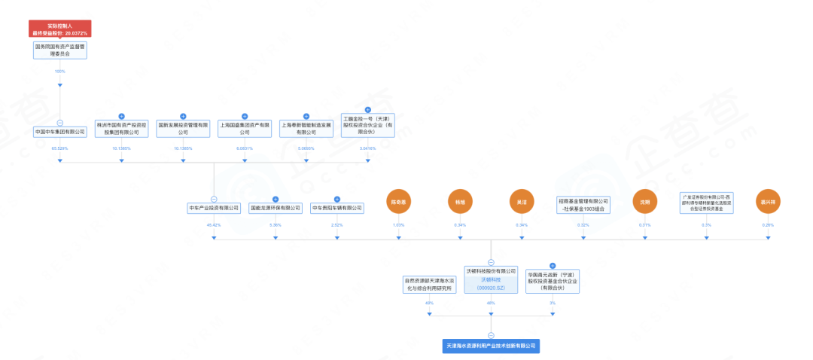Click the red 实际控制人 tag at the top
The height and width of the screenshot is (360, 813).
point(59,29)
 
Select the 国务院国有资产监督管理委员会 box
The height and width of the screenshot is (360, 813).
point(59,50)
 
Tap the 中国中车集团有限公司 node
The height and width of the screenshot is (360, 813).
point(59,132)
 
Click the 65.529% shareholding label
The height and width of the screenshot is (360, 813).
point(59,148)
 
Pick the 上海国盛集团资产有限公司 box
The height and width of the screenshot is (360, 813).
point(245,127)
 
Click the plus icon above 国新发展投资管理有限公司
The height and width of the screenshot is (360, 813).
point(183,116)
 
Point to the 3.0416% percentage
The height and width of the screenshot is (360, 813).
point(367,148)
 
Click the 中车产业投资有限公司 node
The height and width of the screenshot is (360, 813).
point(214,208)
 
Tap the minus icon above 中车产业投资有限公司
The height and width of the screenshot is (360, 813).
point(214,198)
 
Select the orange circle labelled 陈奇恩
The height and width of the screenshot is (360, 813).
point(399,202)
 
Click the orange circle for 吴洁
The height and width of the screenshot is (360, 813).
point(522,202)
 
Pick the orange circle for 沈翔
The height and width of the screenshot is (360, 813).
point(645,202)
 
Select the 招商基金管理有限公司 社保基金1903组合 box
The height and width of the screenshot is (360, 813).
point(583,205)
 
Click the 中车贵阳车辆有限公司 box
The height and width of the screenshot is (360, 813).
point(337,208)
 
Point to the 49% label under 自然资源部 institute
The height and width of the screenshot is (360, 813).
point(429,303)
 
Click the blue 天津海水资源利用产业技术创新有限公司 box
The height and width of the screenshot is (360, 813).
point(491,346)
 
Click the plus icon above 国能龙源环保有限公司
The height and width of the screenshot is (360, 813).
point(276,198)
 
